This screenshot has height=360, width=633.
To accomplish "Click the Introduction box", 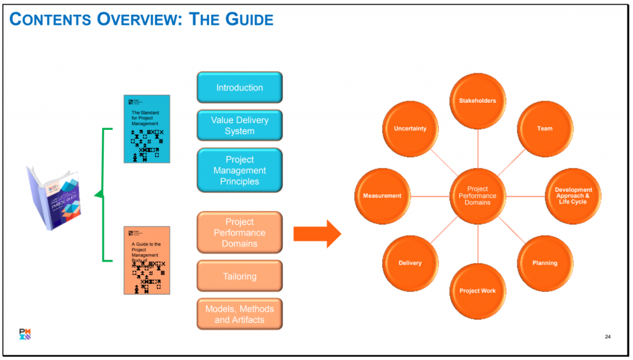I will (239, 87).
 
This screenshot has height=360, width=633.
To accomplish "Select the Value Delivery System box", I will (239, 126).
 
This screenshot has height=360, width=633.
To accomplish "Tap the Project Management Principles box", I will (239, 170).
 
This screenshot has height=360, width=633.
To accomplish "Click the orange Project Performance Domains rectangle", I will (239, 233).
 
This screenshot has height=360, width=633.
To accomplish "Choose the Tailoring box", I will (239, 276).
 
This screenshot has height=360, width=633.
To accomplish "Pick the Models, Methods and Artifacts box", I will (239, 314).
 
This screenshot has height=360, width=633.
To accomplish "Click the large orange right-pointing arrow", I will (317, 233).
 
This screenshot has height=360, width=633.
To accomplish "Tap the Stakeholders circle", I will (477, 100).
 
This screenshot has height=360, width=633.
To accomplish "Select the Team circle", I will (544, 128).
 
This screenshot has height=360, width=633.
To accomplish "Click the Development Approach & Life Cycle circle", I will (572, 195).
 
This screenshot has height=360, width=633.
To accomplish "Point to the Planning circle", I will (544, 263).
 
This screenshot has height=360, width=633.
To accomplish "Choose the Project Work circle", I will (477, 291).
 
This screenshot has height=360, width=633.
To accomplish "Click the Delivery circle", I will (410, 263).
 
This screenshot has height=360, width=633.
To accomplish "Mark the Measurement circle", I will (382, 195).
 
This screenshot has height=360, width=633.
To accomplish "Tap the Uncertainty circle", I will (410, 128).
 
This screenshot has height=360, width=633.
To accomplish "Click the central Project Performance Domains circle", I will (477, 195).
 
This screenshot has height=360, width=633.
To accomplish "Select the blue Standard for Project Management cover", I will (147, 129).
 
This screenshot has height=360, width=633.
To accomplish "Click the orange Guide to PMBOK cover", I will (147, 260).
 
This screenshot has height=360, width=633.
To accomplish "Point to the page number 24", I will (607, 336).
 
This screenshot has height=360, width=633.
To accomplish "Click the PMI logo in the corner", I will (25, 335).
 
